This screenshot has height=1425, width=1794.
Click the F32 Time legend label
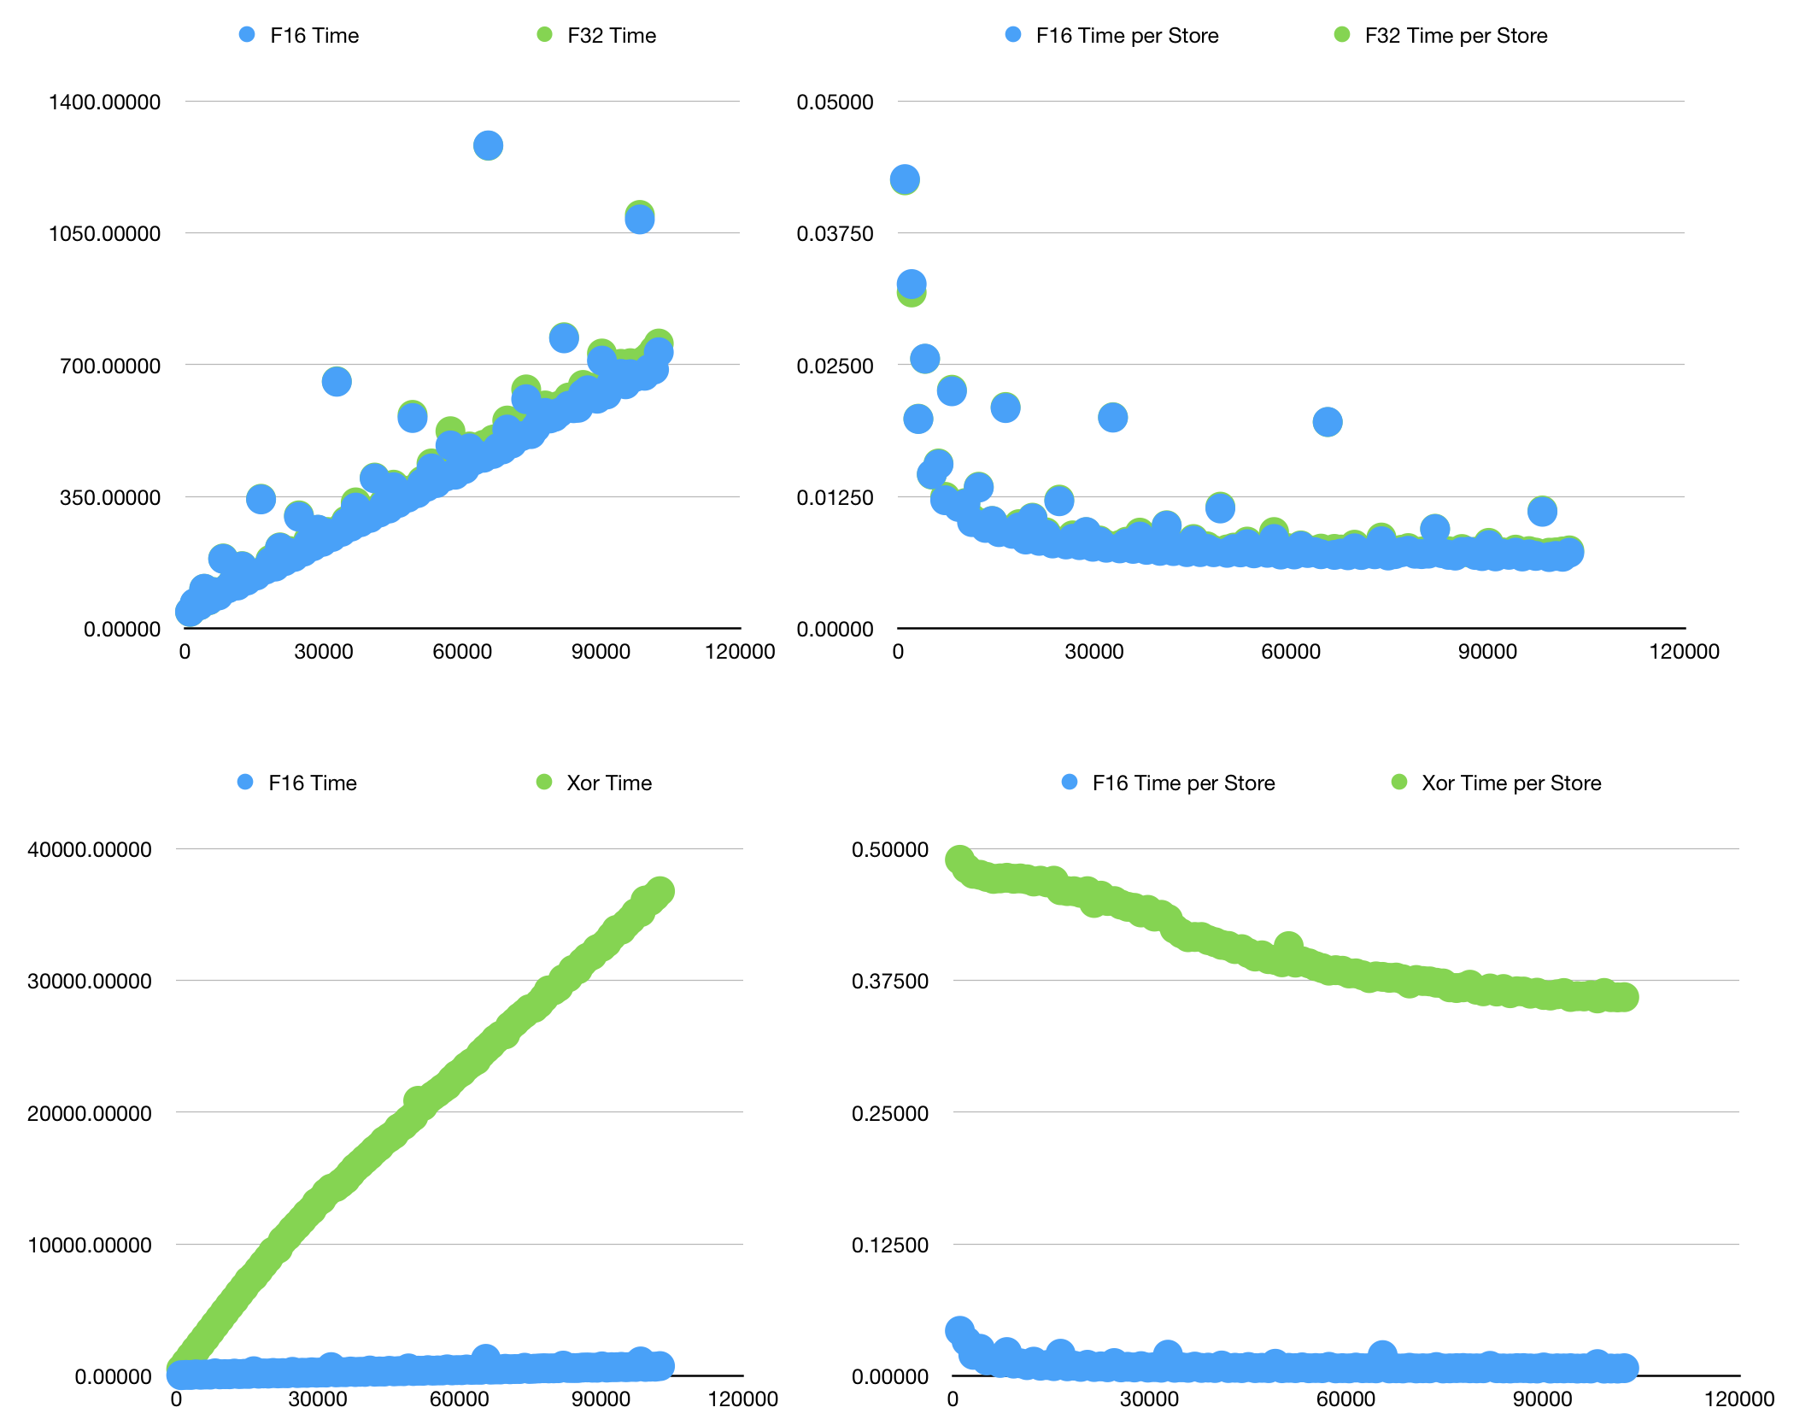click(612, 36)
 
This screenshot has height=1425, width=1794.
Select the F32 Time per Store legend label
click(1456, 36)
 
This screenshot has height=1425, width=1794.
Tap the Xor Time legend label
click(609, 783)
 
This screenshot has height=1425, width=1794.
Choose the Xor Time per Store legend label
click(1511, 783)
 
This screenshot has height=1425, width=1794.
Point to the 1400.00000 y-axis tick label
click(104, 103)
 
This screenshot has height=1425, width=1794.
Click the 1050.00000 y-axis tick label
click(104, 234)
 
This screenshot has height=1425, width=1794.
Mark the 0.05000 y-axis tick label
click(835, 103)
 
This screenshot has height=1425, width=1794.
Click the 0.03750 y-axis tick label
click(835, 234)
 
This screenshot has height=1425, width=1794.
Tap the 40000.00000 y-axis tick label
click(90, 850)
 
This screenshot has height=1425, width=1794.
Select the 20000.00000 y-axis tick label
click(90, 1114)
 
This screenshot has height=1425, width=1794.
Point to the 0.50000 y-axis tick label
click(889, 850)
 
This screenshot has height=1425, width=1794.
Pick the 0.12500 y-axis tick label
click(889, 1246)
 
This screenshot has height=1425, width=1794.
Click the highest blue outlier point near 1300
click(488, 145)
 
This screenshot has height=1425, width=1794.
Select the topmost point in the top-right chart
click(905, 179)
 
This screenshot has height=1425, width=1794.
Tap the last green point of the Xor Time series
click(660, 891)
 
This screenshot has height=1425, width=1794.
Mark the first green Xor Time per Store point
click(959, 859)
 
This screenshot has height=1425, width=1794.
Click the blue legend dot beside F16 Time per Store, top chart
click(1013, 35)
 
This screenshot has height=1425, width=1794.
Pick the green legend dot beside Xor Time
click(544, 783)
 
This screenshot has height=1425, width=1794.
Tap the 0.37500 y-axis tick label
click(889, 982)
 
